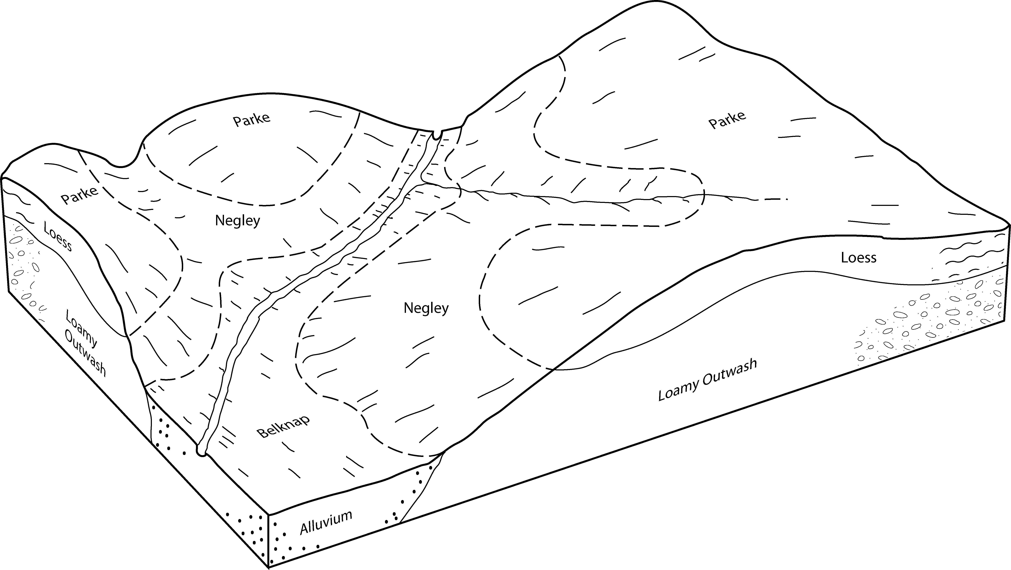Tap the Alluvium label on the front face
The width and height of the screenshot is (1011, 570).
(x=326, y=523)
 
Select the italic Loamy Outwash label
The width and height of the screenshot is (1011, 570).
(x=707, y=380)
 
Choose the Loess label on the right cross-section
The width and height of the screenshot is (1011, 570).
(x=858, y=258)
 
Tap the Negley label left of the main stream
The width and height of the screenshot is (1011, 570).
(x=237, y=221)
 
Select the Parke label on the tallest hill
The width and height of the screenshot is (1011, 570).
(x=727, y=120)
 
